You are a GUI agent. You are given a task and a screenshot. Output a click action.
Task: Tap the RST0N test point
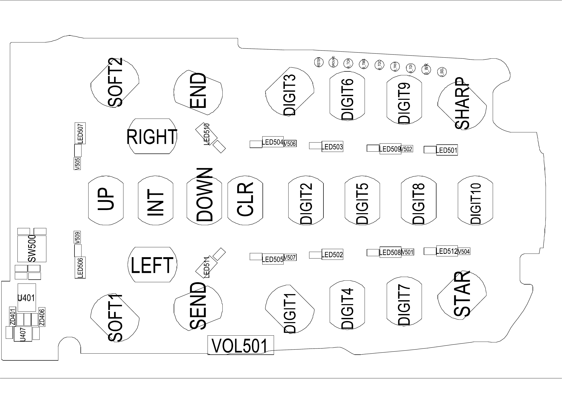[319, 62]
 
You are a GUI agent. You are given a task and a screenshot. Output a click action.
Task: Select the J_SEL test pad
[442, 72]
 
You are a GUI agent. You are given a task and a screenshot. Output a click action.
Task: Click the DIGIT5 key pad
[362, 200]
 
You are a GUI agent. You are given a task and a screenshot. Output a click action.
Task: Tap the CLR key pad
[245, 200]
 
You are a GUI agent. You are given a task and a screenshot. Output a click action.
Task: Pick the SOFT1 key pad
[115, 318]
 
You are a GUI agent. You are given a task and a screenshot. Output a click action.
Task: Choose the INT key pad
[155, 200]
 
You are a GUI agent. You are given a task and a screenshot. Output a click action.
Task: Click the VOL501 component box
[240, 345]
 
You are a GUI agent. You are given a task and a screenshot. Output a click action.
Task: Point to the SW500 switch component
[32, 249]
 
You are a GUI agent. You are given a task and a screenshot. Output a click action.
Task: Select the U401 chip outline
[27, 297]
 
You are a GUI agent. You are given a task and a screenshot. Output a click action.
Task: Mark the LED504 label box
[273, 142]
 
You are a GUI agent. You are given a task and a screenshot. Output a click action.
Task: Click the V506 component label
[290, 144]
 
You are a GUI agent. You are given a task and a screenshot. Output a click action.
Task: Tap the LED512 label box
[447, 251]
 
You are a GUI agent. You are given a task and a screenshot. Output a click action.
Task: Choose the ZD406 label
[42, 317]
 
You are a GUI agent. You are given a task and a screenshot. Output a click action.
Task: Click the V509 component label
[77, 237]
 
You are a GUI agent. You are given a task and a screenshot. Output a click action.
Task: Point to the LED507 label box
[80, 133]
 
